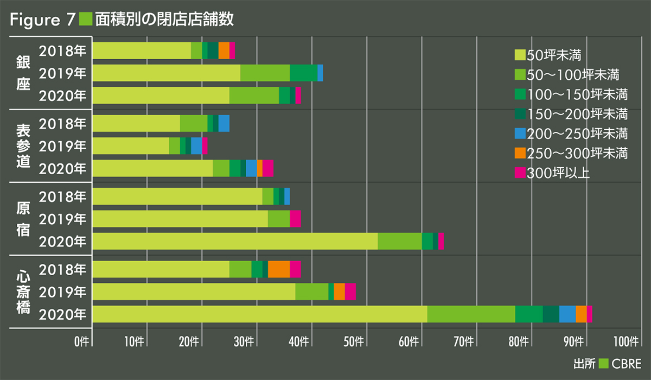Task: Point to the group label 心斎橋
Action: click(x=23, y=292)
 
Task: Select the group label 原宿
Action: click(x=23, y=218)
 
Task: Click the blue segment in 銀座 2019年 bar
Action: click(x=320, y=73)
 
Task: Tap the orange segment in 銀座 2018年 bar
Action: click(x=224, y=50)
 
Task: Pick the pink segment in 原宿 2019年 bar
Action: click(x=295, y=219)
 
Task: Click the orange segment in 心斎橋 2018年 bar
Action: click(x=279, y=269)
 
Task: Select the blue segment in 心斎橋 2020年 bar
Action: click(x=567, y=314)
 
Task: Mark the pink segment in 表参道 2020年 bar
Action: click(x=268, y=168)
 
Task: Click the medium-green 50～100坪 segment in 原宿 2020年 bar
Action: click(x=399, y=241)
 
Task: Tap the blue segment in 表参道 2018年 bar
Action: click(x=224, y=123)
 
